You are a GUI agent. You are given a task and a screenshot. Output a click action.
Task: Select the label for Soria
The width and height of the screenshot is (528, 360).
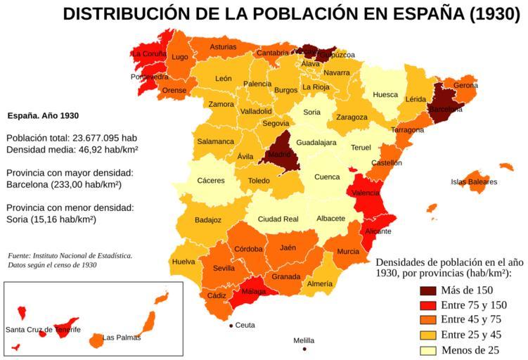pos(311,112)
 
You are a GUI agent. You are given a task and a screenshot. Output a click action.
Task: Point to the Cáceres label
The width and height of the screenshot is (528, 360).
pos(211,181)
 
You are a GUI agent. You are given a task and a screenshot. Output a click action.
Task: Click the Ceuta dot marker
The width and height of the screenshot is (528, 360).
pos(231,325)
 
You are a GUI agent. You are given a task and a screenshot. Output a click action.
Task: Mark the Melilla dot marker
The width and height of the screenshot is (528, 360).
pos(304,349)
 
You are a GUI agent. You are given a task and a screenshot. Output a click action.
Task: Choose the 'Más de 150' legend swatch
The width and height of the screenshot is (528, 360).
pos(428,290)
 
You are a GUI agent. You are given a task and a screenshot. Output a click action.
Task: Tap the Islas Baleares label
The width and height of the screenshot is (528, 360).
pos(474,182)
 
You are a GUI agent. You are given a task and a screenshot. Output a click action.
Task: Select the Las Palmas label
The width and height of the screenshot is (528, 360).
pos(122,337)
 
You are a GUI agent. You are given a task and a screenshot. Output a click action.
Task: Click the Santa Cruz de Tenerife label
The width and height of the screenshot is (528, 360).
pos(43,330)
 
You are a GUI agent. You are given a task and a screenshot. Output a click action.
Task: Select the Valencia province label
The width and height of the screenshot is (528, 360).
pos(366,193)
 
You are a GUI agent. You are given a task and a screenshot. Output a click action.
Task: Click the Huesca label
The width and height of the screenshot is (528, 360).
pos(385,95)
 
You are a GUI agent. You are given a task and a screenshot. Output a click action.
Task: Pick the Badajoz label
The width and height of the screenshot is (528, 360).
pos(208,220)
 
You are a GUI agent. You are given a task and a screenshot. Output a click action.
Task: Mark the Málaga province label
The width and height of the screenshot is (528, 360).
pos(254,291)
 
